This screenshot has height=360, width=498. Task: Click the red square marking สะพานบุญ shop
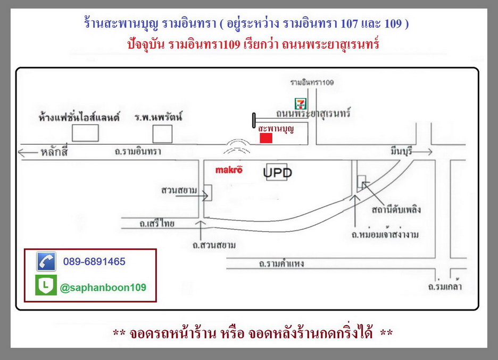point(266,138)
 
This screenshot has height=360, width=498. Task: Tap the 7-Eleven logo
point(301,104)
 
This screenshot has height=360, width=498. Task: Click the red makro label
point(229,170)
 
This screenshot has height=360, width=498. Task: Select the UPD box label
point(277,173)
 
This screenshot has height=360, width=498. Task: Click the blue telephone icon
point(46,261)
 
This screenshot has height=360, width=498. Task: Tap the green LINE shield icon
point(46,285)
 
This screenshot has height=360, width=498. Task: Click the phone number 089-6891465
point(94,261)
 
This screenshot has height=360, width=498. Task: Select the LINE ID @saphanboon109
point(103,288)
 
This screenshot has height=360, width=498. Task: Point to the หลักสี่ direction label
point(54,152)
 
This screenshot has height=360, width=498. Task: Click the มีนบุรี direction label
point(401,150)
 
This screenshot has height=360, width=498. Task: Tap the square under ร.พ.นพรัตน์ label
point(162,134)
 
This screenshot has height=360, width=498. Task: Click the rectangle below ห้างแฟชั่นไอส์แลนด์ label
point(85,133)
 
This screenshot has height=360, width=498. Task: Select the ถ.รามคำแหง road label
point(281,264)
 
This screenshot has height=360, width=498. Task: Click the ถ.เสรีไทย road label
point(157,223)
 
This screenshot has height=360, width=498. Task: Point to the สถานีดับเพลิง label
point(396,210)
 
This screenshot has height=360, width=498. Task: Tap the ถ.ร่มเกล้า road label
point(445,287)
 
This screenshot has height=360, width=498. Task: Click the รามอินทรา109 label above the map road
point(312,83)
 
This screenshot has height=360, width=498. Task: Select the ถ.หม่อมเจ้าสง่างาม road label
point(385,235)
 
